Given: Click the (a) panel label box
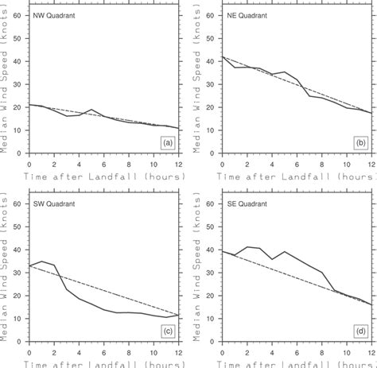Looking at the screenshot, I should [166, 143].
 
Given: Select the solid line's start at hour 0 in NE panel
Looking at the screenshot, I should [222, 56].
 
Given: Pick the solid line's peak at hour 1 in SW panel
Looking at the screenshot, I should [41, 261].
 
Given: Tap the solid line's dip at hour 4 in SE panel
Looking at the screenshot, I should [273, 259].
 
